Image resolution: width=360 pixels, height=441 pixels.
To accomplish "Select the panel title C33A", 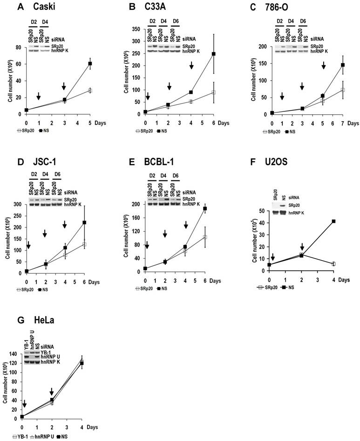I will [154, 8].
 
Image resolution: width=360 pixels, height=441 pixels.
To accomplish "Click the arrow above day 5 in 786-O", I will [324, 66].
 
